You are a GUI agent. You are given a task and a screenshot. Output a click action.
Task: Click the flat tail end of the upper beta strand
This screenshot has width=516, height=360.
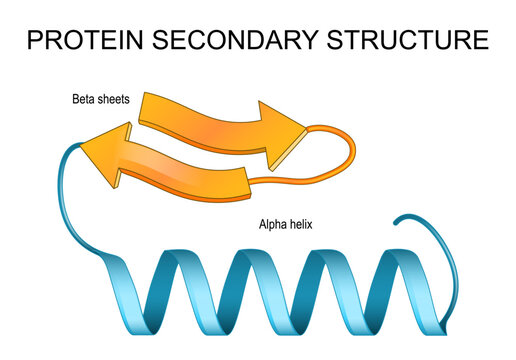click(147, 108)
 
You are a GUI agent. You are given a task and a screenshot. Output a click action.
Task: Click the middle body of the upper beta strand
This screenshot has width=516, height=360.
click(205, 118)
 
